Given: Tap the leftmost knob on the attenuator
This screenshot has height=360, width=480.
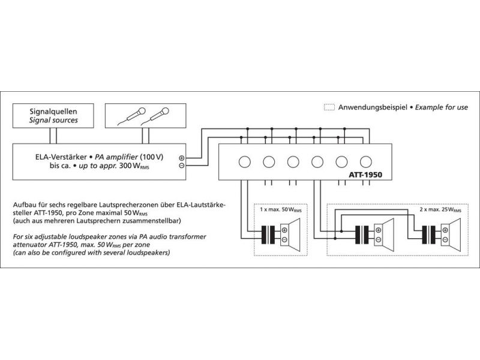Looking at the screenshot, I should tap(244, 161).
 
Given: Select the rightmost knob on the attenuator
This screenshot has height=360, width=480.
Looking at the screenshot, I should tap(366, 161).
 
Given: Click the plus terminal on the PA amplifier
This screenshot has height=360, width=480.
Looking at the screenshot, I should tap(182, 158).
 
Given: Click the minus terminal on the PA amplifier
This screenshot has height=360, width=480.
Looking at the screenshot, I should tap(182, 166).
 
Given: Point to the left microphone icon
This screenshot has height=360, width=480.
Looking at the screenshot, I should tap(133, 115).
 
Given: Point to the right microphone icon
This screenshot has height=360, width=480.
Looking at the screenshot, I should tap(159, 115).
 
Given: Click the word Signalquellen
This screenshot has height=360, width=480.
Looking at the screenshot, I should tap(53, 111).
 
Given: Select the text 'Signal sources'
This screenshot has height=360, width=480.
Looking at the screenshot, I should tap(53, 120).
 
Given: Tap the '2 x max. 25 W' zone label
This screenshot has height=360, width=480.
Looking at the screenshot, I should tap(441, 211).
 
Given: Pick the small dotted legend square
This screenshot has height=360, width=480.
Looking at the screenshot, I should tap(329, 107).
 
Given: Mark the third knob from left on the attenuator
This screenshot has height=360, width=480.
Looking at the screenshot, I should tap(293, 161).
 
